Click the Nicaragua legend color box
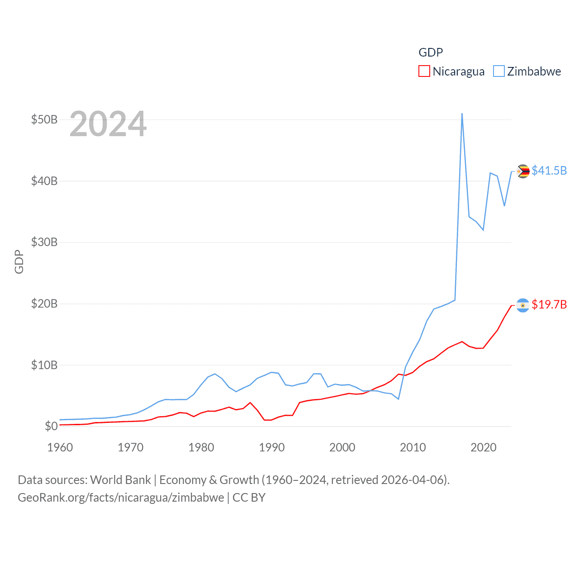point(424,71)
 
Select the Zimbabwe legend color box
point(498,71)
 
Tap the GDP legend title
point(431,52)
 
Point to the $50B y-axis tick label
point(44,120)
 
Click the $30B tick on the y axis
point(44,242)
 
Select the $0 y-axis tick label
point(51,426)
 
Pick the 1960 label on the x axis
point(60,447)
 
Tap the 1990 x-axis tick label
point(272,447)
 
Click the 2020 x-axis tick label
point(484,447)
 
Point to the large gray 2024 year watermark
point(108,124)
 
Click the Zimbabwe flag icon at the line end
point(523,171)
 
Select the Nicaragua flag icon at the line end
point(523,305)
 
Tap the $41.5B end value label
point(549,171)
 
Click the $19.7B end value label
point(549,304)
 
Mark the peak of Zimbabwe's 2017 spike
point(462,114)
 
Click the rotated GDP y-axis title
point(19,261)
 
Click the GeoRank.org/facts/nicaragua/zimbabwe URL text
point(121,498)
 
